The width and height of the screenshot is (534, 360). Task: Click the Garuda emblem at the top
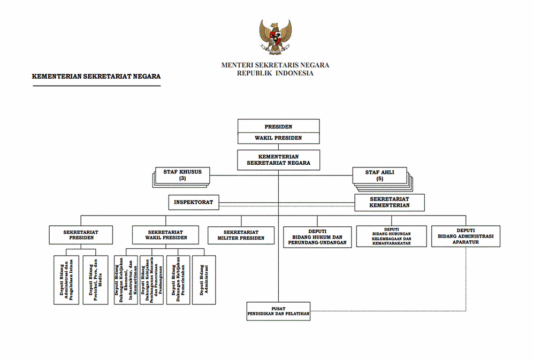[276, 37]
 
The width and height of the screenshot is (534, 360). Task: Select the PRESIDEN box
[278, 126]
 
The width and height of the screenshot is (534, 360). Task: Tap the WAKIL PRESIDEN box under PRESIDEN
[278, 138]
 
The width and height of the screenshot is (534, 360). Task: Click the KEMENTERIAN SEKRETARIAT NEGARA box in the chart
[278, 159]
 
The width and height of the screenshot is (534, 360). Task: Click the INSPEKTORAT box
[193, 203]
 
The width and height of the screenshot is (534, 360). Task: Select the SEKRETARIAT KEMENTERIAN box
[390, 202]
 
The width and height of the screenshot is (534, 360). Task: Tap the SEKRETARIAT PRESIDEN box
[81, 234]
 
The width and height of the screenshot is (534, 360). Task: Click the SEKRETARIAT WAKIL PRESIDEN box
[167, 234]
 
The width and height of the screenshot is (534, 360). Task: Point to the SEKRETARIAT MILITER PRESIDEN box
[241, 235]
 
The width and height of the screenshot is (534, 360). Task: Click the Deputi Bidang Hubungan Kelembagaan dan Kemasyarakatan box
[391, 236]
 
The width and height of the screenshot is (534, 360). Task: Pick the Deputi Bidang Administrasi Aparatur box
[466, 236]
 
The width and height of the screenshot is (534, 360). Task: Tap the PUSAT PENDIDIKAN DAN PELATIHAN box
[278, 312]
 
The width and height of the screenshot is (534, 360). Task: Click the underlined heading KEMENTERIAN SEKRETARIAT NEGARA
[96, 76]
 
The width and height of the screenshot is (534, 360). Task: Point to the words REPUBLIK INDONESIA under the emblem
[276, 73]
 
